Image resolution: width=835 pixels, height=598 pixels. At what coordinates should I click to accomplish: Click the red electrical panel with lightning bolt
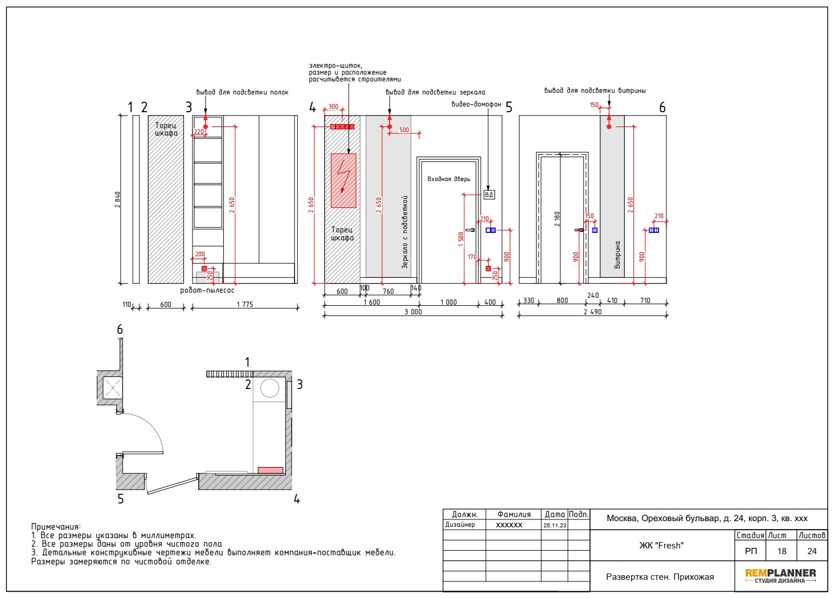(343, 181)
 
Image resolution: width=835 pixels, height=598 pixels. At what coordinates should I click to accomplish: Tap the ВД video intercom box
(489, 195)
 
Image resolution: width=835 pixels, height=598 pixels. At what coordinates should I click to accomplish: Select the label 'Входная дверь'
(448, 179)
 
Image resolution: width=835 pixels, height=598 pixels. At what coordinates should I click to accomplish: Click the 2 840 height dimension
(118, 199)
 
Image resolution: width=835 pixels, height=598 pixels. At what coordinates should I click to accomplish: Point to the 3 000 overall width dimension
(413, 312)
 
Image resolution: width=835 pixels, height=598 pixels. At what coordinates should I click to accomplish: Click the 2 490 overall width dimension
(592, 312)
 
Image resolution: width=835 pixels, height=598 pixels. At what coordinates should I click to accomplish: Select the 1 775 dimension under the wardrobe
(245, 304)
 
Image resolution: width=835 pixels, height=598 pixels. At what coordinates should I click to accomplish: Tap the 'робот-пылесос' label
(207, 290)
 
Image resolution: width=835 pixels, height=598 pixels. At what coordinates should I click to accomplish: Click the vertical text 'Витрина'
(617, 255)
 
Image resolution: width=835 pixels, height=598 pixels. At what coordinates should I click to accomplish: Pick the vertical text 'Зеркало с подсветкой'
(405, 232)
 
